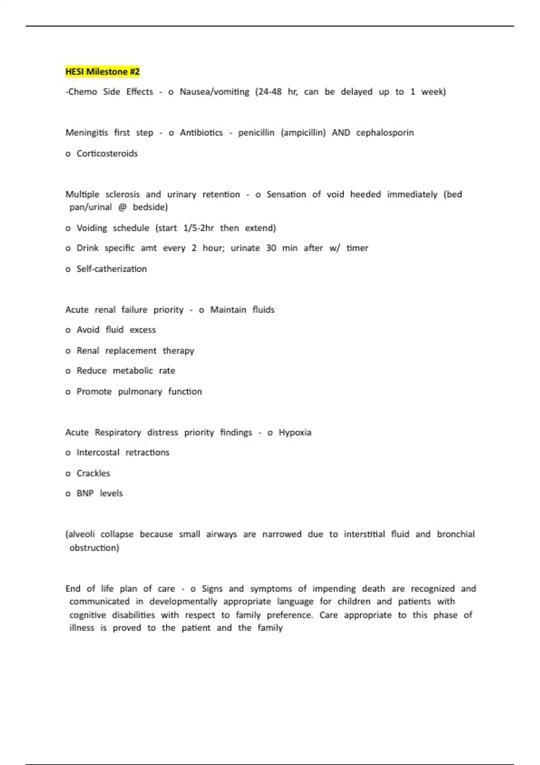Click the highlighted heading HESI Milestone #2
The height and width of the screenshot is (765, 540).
click(x=103, y=72)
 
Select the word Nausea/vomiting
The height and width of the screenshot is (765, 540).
click(x=214, y=92)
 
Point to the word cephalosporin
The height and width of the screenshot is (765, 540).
click(x=385, y=133)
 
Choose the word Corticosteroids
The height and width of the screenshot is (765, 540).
click(x=107, y=153)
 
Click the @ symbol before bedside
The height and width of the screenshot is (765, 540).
click(x=122, y=207)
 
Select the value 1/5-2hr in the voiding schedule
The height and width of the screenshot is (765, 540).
click(x=198, y=228)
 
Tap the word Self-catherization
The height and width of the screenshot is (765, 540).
click(x=112, y=269)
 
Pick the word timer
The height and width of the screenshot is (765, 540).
click(x=357, y=248)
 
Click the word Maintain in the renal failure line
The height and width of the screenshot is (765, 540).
click(x=228, y=310)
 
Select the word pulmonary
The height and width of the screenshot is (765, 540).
click(x=140, y=391)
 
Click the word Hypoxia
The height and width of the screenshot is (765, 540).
click(x=295, y=432)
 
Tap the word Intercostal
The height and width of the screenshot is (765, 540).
click(x=98, y=452)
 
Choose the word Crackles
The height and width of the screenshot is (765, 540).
click(x=93, y=473)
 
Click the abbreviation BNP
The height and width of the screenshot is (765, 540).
click(x=85, y=493)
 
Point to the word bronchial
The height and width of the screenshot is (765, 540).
click(x=455, y=534)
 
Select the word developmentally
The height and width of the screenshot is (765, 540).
click(x=183, y=602)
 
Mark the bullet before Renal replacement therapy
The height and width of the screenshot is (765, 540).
click(x=68, y=351)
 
